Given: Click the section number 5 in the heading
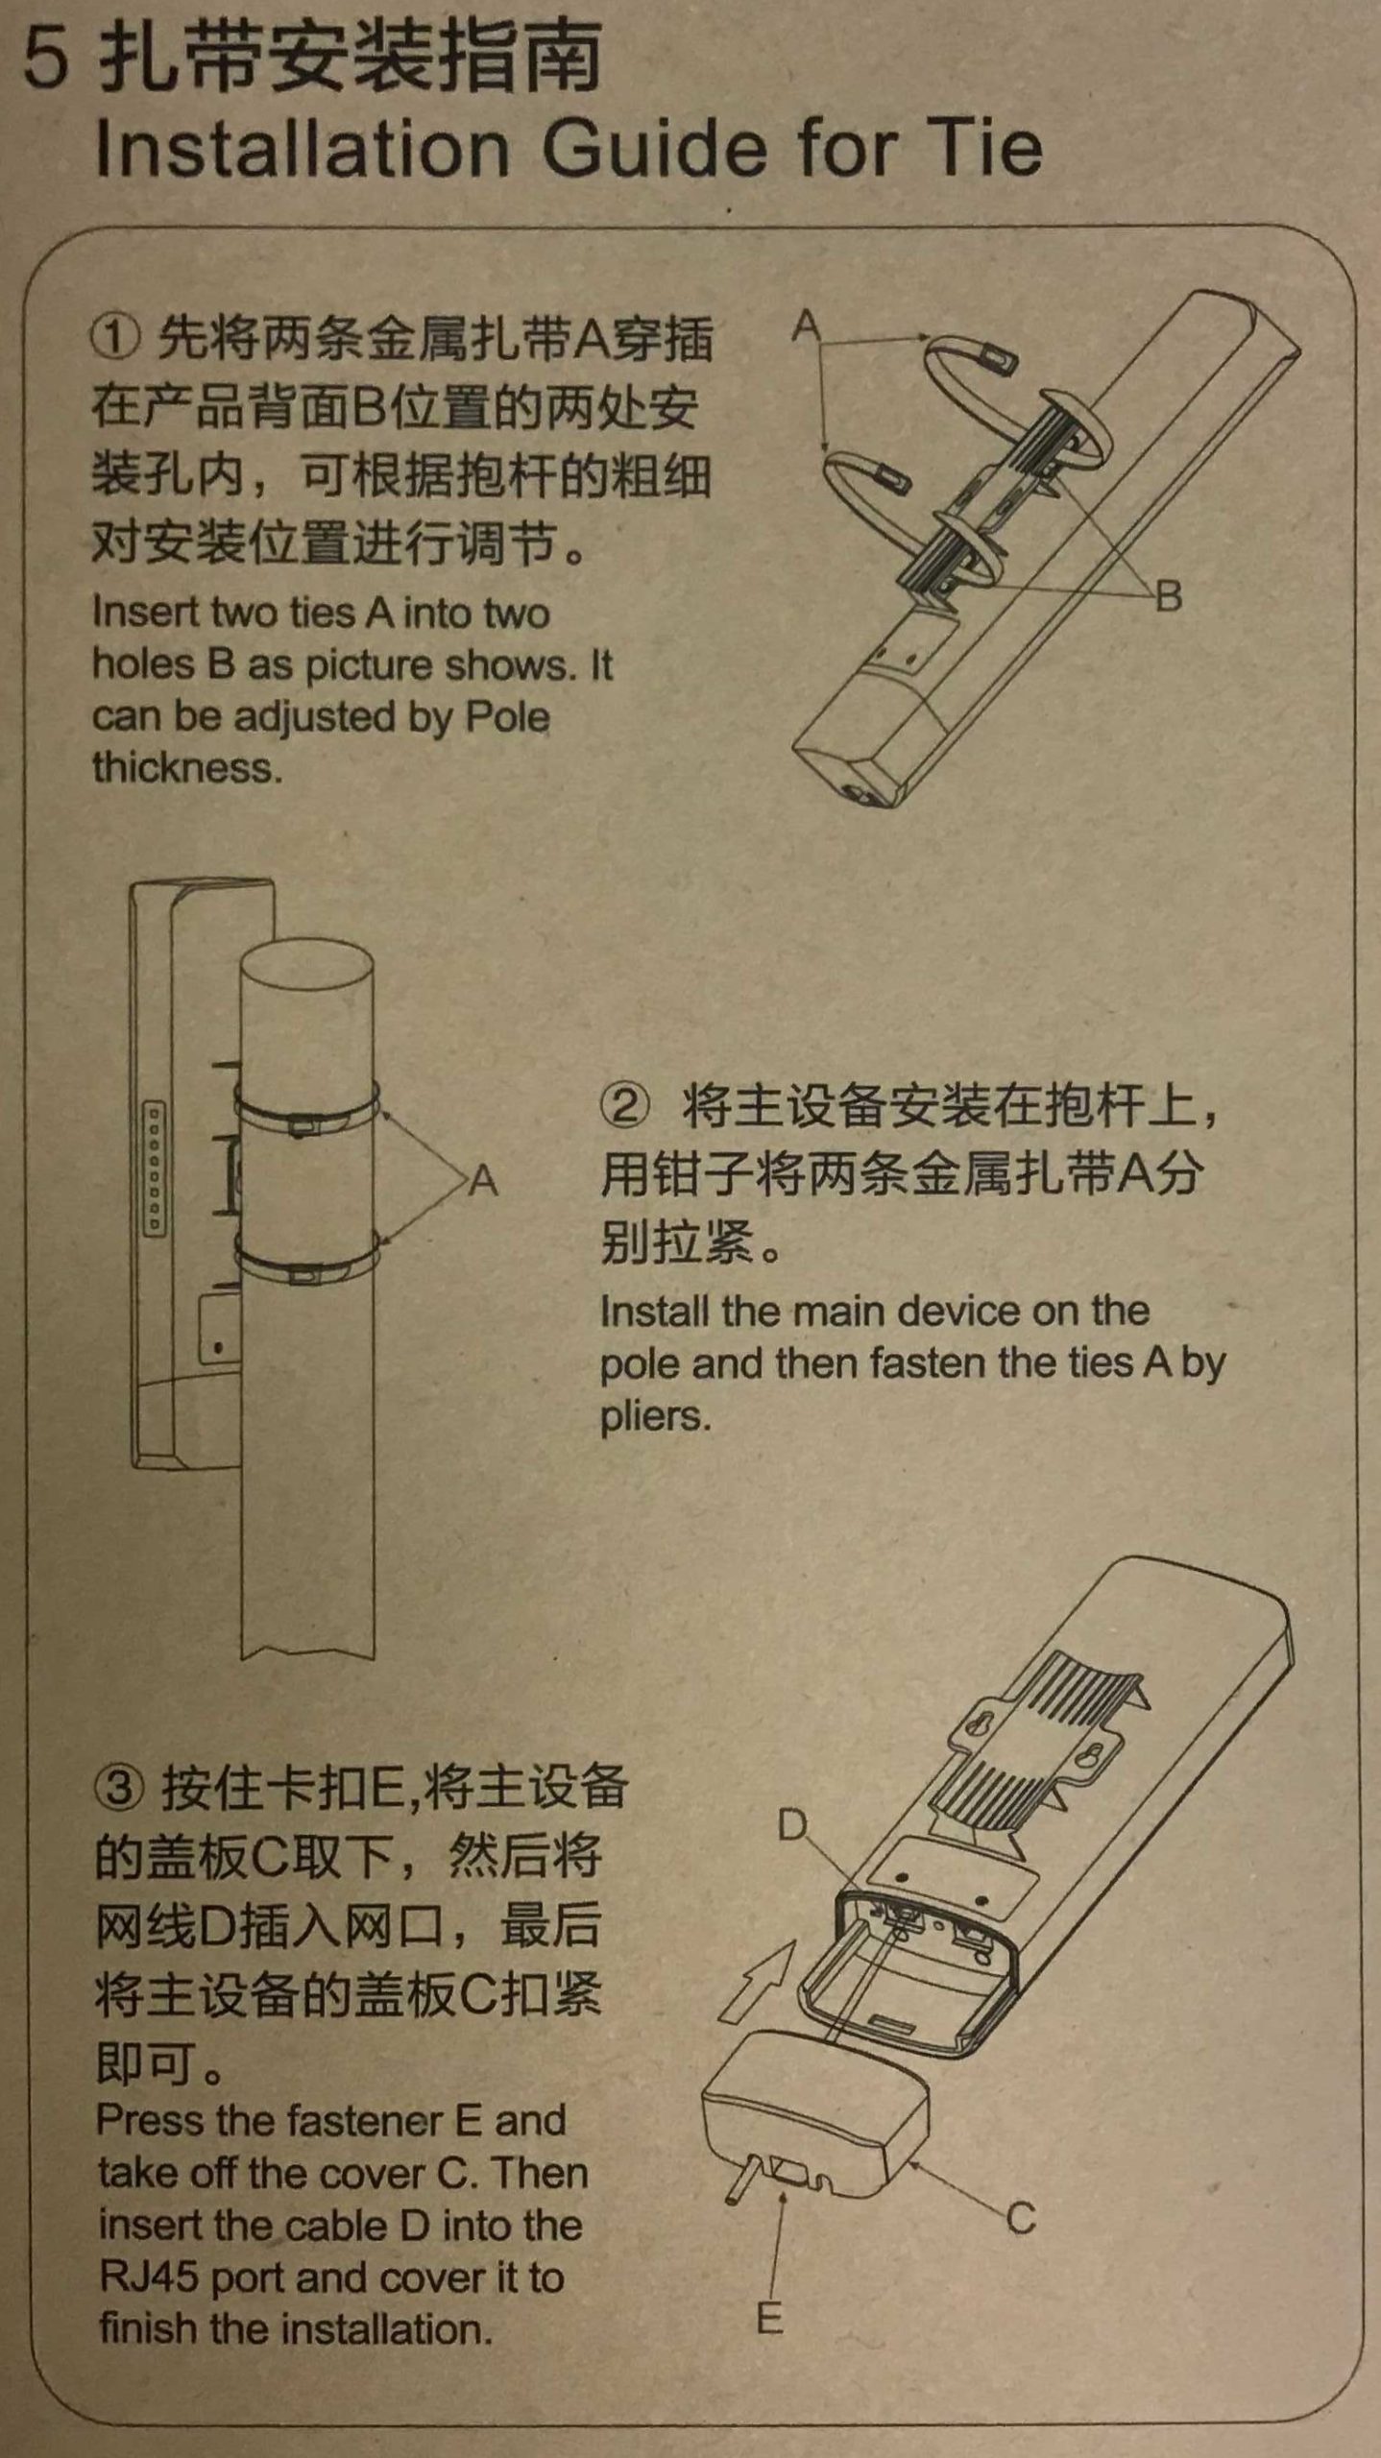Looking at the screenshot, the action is coord(45,59).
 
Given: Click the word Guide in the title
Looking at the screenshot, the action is coord(655,149).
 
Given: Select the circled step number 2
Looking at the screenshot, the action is coord(624,1107).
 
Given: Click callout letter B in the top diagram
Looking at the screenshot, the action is coord(1168,596).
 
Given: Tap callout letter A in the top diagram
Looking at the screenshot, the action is coord(807,326).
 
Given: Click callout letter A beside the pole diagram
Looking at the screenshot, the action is coord(483,1179).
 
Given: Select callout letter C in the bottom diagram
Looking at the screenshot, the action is coord(1021,2218).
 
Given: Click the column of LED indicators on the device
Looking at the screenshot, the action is coord(154,1168).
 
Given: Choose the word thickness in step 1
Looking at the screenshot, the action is coord(187,767).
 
